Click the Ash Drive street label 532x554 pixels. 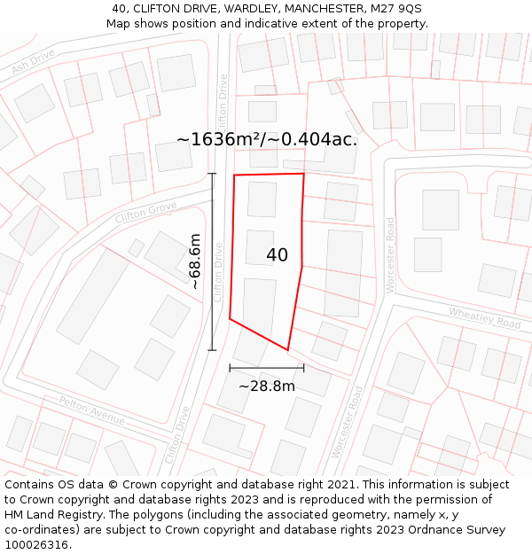(x=34, y=61)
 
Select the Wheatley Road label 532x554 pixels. (x=484, y=316)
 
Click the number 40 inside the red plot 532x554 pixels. (x=277, y=255)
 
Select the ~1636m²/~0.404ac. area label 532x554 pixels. (x=267, y=139)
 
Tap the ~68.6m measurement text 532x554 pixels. (x=195, y=261)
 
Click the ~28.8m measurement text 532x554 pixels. (x=267, y=386)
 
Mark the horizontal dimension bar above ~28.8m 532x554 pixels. (x=267, y=367)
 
